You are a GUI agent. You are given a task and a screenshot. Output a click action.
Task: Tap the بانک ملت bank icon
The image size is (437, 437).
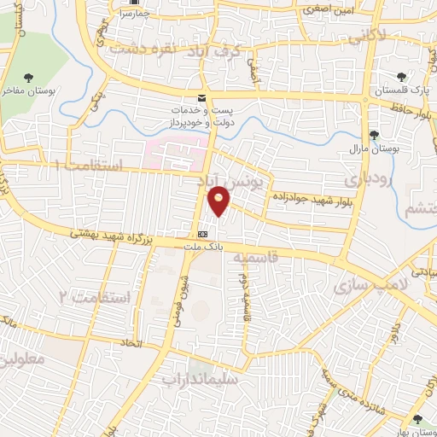(x=202, y=234)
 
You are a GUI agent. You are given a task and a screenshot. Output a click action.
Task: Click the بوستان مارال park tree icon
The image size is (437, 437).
(x=373, y=135)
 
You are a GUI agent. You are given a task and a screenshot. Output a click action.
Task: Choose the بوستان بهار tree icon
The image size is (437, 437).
(x=416, y=419)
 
